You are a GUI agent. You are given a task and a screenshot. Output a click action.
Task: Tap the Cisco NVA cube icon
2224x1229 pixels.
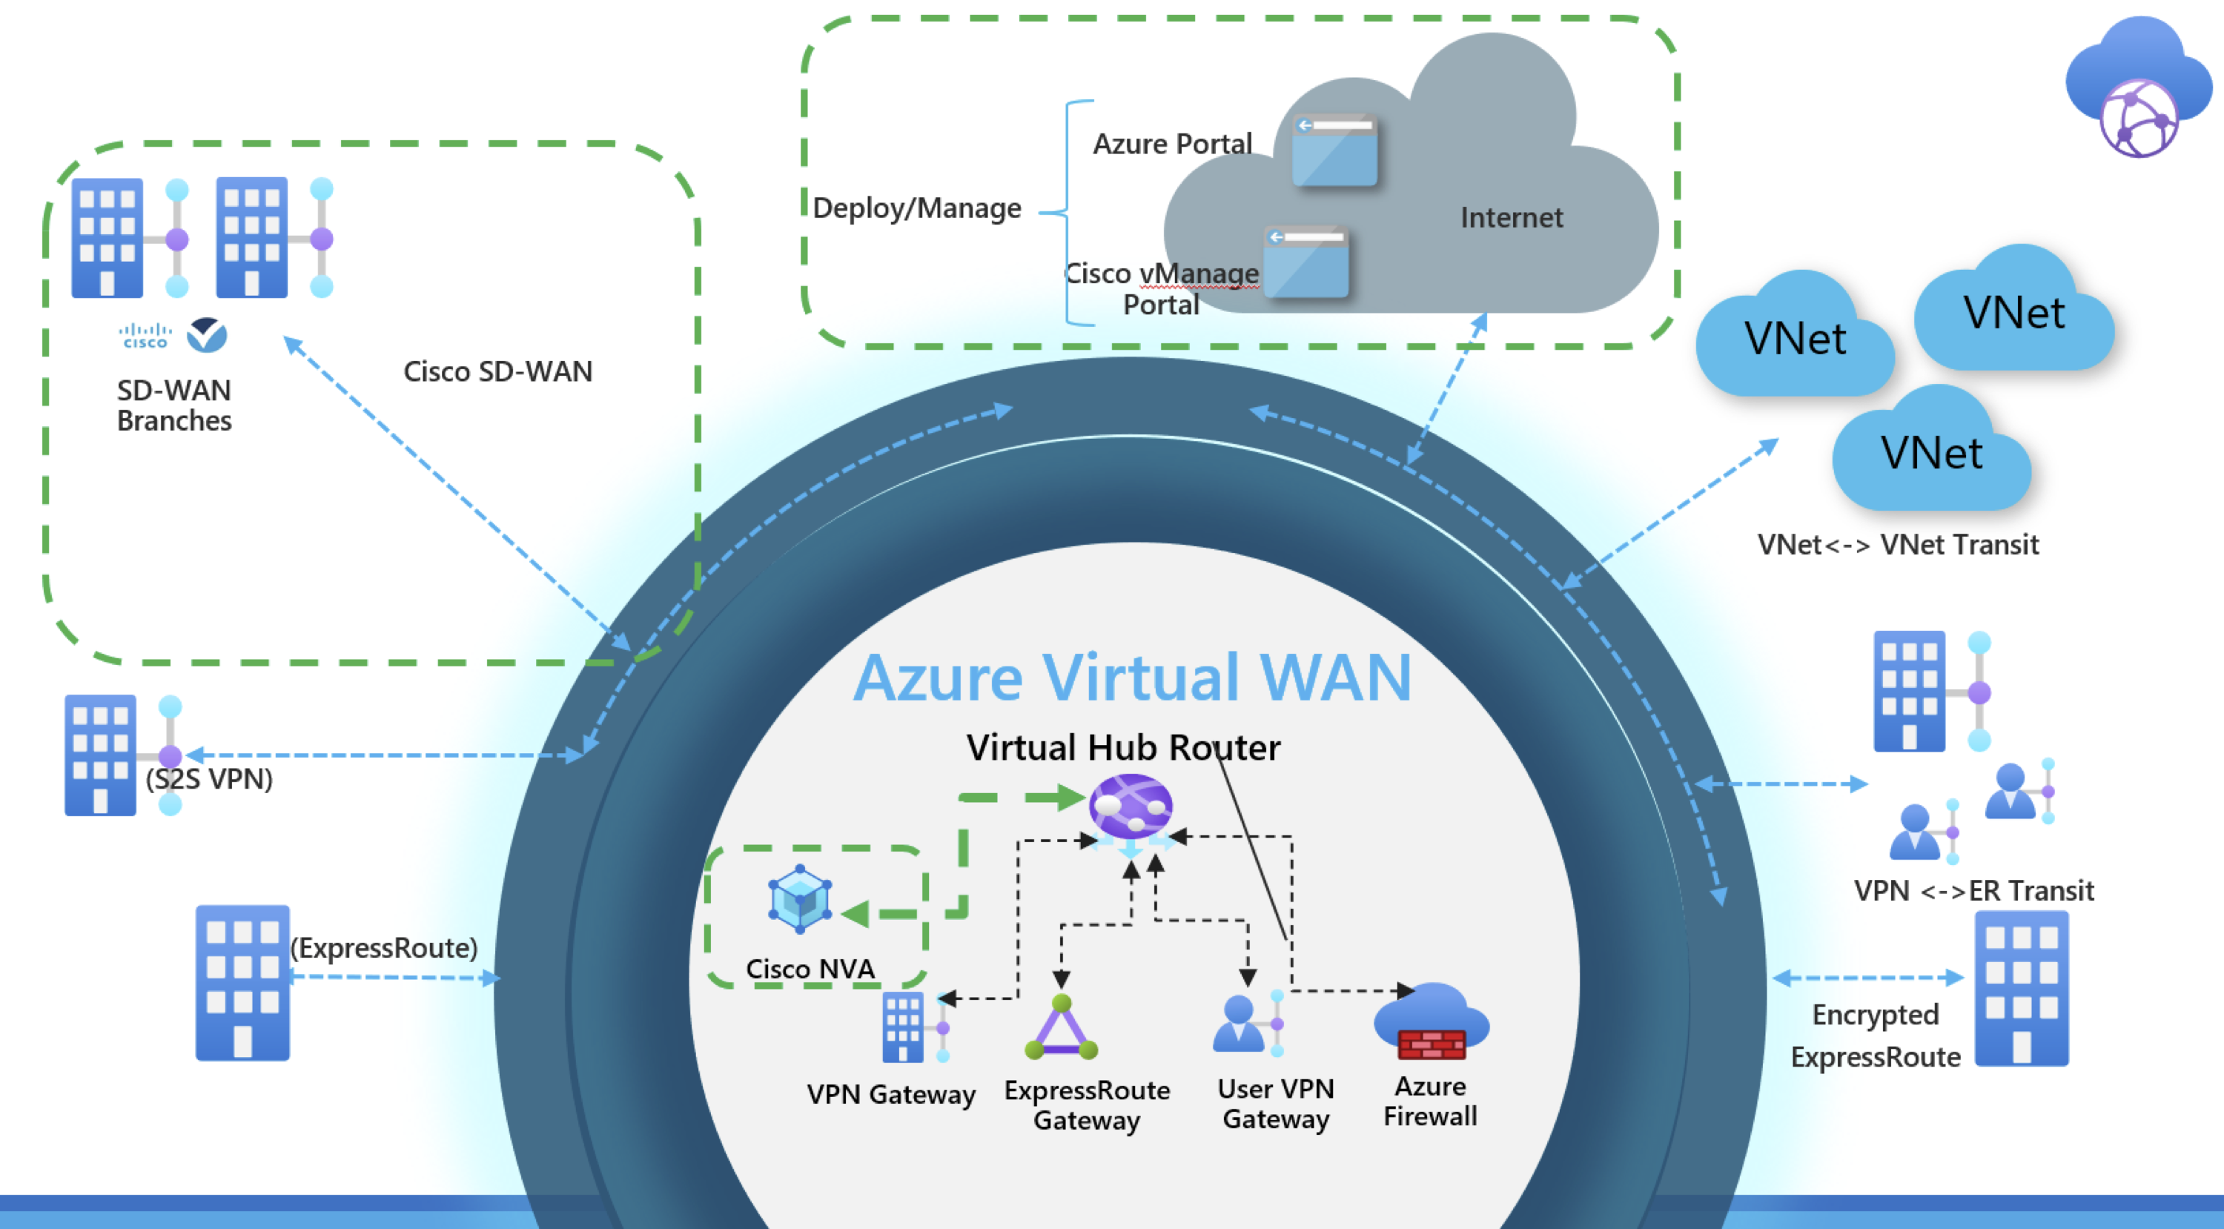(799, 899)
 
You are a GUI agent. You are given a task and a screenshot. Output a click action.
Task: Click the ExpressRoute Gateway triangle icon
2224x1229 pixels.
(1061, 1029)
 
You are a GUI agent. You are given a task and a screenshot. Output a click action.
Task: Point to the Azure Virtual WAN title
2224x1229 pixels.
(1132, 678)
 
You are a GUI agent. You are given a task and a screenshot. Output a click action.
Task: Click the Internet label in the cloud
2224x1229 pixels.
(1511, 217)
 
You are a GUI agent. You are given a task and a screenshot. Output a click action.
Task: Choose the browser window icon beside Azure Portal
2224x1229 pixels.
(1334, 150)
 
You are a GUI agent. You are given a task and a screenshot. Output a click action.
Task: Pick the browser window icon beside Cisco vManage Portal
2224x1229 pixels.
(1305, 262)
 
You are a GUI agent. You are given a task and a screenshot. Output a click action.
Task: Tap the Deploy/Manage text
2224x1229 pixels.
(917, 208)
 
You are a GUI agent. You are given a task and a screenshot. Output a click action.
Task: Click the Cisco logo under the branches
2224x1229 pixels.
(145, 336)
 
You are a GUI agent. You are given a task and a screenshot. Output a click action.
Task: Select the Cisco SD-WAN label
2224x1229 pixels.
(497, 371)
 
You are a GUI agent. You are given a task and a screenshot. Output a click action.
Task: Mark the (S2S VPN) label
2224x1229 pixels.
(209, 779)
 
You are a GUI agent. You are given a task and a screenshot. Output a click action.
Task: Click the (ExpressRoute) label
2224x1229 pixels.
(384, 947)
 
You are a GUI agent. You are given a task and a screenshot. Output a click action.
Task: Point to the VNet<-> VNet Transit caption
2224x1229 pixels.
(1898, 545)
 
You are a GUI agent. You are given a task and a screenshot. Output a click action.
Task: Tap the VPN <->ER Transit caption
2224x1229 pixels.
(1973, 890)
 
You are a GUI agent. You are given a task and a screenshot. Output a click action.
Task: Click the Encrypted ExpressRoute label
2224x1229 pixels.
(1876, 1036)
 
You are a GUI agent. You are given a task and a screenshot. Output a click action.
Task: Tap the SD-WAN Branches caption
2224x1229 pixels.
(173, 405)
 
